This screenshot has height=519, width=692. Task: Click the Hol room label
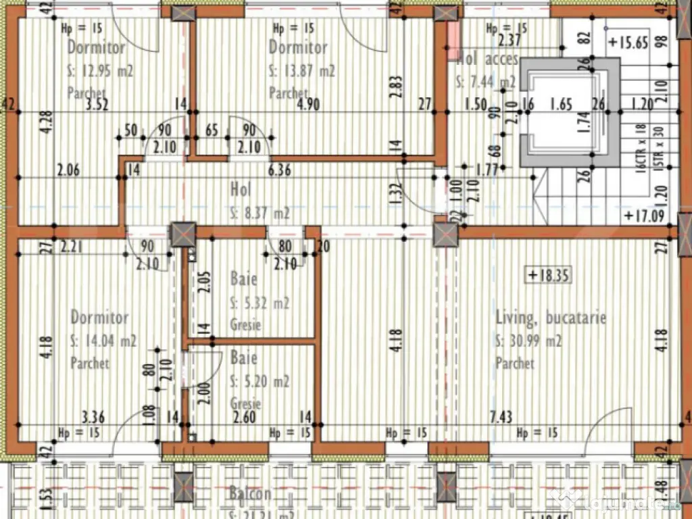pyautogui.click(x=241, y=188)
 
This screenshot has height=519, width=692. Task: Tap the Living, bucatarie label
pyautogui.click(x=551, y=318)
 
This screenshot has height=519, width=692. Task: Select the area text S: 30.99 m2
pyautogui.click(x=528, y=342)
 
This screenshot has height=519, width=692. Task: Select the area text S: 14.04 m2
pyautogui.click(x=103, y=341)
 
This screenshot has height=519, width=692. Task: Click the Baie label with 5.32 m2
pyautogui.click(x=243, y=278)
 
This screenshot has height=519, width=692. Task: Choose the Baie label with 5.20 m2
pyautogui.click(x=243, y=357)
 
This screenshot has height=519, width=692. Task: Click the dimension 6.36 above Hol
pyautogui.click(x=279, y=170)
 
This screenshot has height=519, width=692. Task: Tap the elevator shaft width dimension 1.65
pyautogui.click(x=562, y=104)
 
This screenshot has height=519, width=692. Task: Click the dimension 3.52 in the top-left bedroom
pyautogui.click(x=99, y=104)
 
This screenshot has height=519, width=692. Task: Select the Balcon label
pyautogui.click(x=249, y=494)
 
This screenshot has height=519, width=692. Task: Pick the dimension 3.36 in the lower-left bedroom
pyautogui.click(x=93, y=416)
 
